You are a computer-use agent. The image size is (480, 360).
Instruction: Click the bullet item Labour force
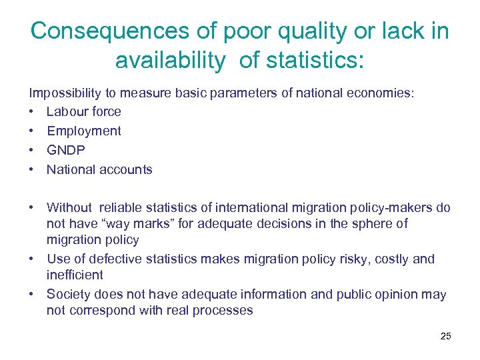point(84,111)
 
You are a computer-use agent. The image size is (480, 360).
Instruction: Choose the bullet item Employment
point(84,131)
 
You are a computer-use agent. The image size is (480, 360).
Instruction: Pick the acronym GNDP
point(65,150)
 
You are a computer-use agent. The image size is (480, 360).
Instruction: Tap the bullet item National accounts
point(99,169)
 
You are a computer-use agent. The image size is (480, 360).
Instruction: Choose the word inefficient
point(75,275)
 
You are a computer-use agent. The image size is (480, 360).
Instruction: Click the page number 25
point(446,336)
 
